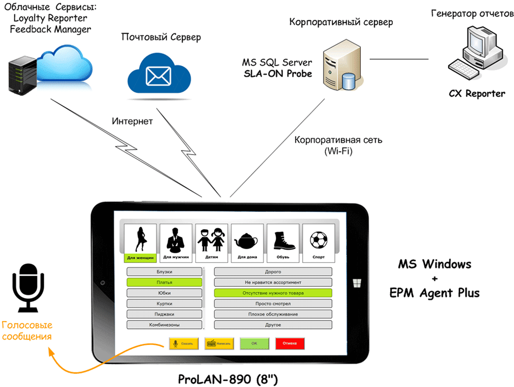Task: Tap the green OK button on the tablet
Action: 254,343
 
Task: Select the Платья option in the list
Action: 164,282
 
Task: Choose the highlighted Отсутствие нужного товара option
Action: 273,293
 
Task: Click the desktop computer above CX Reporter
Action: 475,54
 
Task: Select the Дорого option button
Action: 273,271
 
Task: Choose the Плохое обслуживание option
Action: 273,314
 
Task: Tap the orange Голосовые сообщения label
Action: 27,331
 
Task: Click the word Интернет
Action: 132,122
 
